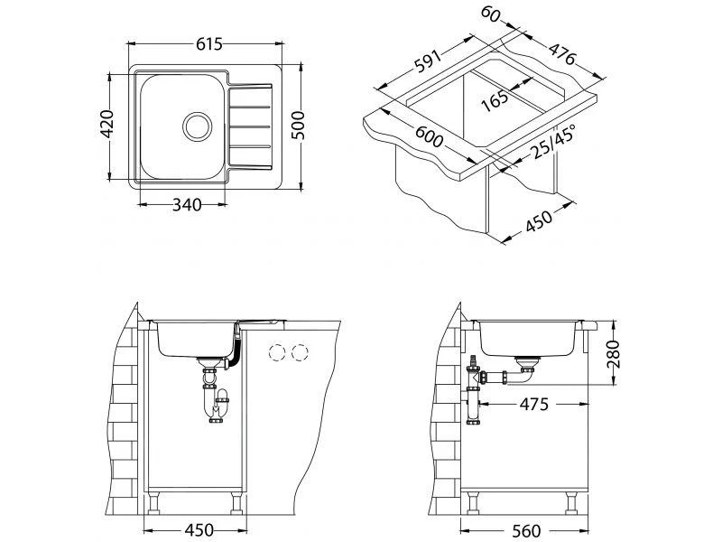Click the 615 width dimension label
(209, 44)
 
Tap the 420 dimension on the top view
(107, 124)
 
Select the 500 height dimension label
(298, 125)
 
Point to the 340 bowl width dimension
(187, 205)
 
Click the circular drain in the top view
(198, 126)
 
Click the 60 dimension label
(490, 14)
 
